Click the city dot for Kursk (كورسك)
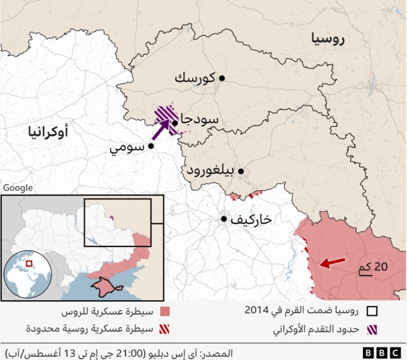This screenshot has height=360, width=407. (x=222, y=78)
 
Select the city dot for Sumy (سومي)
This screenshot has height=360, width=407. (x=151, y=146)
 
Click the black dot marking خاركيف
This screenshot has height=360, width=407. (x=224, y=219)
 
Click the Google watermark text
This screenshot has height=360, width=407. (x=18, y=188)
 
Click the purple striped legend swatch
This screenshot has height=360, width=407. (x=372, y=330)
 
